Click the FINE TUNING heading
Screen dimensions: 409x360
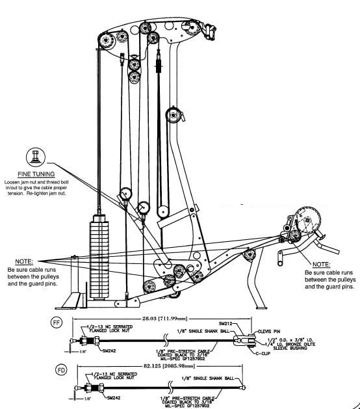point(36,174)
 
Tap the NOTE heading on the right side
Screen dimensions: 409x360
point(321,264)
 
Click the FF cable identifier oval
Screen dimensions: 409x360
point(57,321)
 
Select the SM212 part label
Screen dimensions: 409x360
point(225,323)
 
